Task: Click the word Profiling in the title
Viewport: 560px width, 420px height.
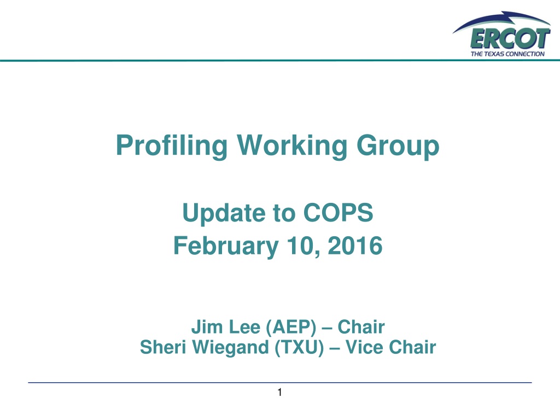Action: click(172, 145)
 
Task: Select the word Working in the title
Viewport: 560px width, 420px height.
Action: click(292, 145)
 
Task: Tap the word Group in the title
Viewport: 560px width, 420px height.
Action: click(398, 145)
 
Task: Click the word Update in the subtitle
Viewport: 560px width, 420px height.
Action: click(223, 213)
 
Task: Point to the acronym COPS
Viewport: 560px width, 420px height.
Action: click(338, 213)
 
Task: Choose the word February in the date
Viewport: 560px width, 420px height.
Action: click(226, 247)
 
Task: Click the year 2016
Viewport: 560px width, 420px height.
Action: click(355, 246)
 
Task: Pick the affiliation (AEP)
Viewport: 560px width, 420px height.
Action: click(291, 327)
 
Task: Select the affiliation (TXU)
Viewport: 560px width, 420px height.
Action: click(299, 347)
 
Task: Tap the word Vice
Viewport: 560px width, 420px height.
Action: click(364, 347)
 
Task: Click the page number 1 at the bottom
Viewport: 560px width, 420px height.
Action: click(279, 393)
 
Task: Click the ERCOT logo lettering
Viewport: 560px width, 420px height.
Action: click(510, 39)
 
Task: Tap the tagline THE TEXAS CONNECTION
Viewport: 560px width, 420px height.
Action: click(507, 54)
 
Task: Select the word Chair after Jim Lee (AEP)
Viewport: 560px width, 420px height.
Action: click(361, 327)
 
